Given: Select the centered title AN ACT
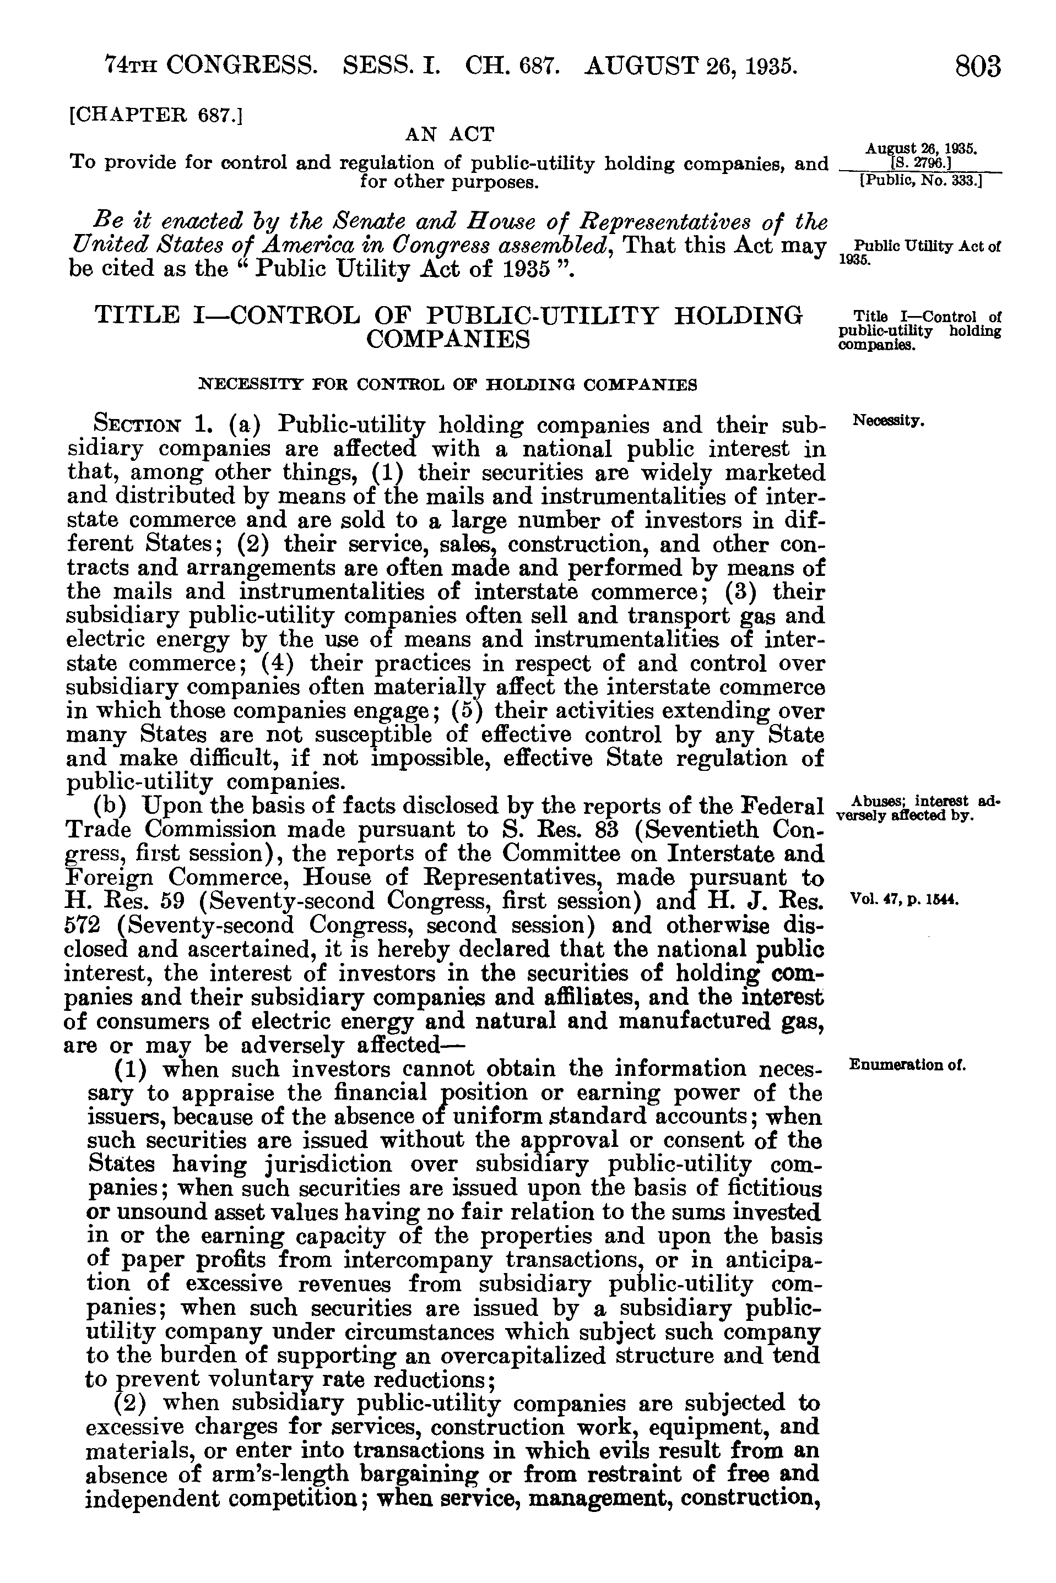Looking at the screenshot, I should click(x=450, y=134).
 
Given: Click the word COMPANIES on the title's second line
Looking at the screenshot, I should click(x=448, y=340).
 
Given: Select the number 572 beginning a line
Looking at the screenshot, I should click(x=82, y=925).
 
